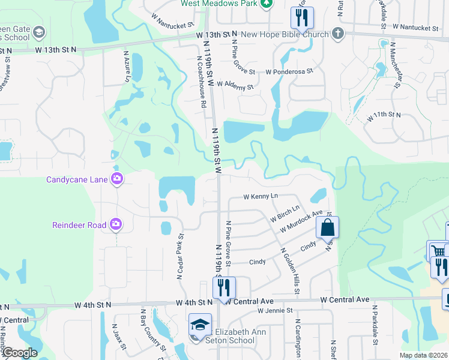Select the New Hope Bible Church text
click(285, 34)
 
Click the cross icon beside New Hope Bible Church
click(338, 34)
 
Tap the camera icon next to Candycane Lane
click(116, 178)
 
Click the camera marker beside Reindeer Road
click(116, 225)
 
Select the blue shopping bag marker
click(327, 229)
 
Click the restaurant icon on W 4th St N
click(224, 288)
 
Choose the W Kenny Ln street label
click(261, 196)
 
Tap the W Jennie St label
click(275, 310)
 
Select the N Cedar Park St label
click(179, 256)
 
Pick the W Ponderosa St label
click(289, 71)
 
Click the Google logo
click(19, 353)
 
